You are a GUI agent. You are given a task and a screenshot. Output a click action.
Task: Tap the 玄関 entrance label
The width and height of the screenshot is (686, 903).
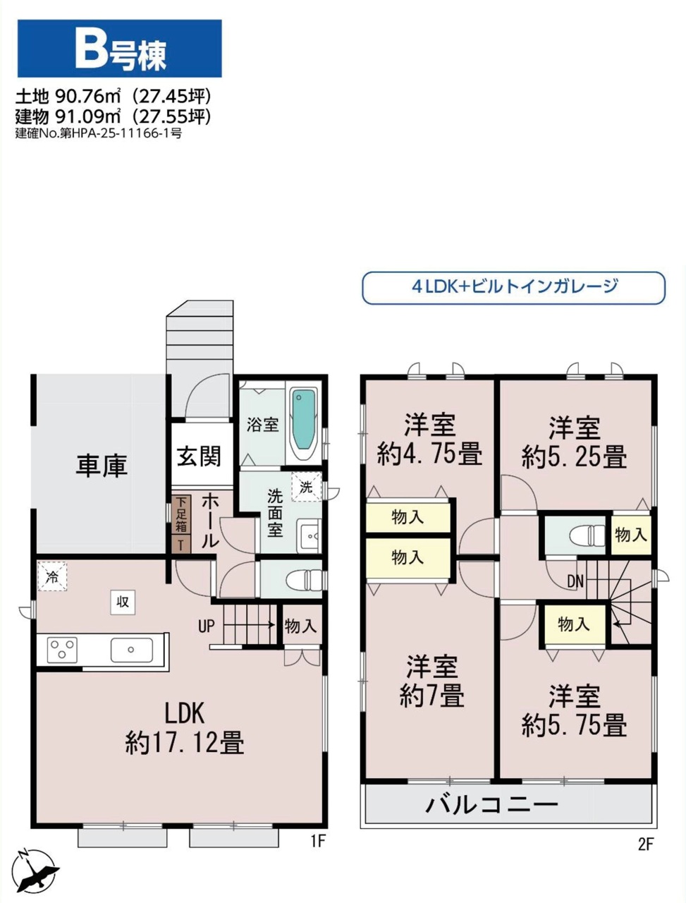[x=200, y=456]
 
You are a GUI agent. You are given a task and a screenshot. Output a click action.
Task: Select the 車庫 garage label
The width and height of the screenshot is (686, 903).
[x=102, y=466]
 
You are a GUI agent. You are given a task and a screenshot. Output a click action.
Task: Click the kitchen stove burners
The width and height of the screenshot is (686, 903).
[x=62, y=650]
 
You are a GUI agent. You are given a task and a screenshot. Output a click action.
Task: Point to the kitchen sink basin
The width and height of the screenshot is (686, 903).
[x=132, y=650]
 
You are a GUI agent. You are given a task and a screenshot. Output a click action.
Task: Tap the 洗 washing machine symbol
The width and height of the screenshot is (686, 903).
[x=306, y=487]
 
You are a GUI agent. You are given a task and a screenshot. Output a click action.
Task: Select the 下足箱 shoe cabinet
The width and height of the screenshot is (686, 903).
[x=181, y=515]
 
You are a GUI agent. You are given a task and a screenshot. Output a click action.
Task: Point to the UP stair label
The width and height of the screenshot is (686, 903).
[x=207, y=626]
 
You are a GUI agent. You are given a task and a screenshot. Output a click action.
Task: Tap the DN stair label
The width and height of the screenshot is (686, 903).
[x=575, y=581]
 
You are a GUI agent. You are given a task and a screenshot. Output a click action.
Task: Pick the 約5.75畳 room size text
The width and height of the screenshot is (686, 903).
[x=574, y=725]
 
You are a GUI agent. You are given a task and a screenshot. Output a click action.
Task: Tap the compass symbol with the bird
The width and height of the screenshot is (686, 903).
[x=35, y=872]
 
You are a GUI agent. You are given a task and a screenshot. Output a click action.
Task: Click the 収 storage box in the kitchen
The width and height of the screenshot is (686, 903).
[x=123, y=602]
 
